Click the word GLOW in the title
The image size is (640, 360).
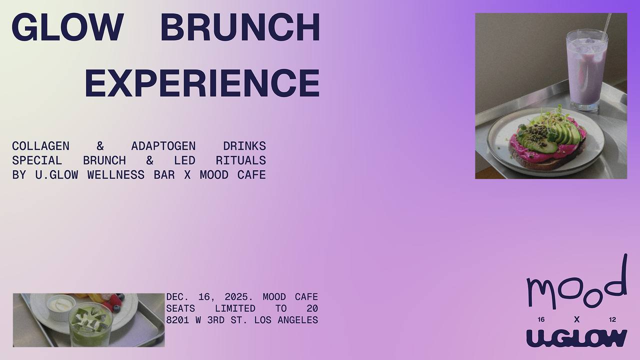[67, 27]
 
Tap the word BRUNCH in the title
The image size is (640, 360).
[240, 27]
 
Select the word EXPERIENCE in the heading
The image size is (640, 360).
[202, 83]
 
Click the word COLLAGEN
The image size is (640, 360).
[40, 146]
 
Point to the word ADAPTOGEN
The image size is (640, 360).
[163, 146]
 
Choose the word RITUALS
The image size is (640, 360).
[241, 160]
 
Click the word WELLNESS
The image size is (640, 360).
[115, 175]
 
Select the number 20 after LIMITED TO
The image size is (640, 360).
[312, 308]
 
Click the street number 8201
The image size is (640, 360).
[177, 320]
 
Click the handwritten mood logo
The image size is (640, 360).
[577, 285]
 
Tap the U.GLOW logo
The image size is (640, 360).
[577, 338]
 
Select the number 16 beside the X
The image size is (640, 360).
[541, 319]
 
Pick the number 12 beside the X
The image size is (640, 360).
[612, 319]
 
